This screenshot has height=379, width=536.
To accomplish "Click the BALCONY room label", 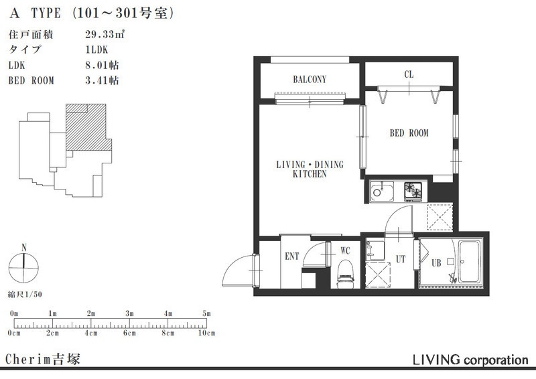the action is tap(310, 80).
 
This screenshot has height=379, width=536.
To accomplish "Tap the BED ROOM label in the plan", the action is tap(409, 133).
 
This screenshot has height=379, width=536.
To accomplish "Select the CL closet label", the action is tap(409, 74).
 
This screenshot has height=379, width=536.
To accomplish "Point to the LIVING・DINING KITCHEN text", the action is tap(310, 169).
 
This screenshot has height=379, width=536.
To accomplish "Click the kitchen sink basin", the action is tap(382, 192).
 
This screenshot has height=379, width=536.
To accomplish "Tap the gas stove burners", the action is tap(413, 191).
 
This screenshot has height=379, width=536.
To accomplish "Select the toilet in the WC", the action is tap(346, 274).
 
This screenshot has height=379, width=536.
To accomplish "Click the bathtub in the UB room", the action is tap(470, 262).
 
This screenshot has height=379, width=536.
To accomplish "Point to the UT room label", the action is tap(401, 259).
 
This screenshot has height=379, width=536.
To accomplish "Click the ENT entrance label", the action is tap(292, 256).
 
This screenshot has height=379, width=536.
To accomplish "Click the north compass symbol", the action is tap(23, 267).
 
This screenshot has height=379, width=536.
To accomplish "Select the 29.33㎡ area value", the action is tap(105, 34).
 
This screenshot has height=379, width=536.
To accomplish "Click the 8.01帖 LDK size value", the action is tap(102, 65).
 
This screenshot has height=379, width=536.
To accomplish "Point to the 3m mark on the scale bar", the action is tap(129, 314).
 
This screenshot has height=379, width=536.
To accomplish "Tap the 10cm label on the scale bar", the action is tap(207, 333).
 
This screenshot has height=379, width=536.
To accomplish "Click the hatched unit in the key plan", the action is tap(88, 127).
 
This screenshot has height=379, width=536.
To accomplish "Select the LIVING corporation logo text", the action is tap(470, 360).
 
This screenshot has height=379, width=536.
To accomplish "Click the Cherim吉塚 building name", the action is tap(43, 359).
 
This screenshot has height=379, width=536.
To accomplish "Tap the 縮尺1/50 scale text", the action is tap(25, 294).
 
